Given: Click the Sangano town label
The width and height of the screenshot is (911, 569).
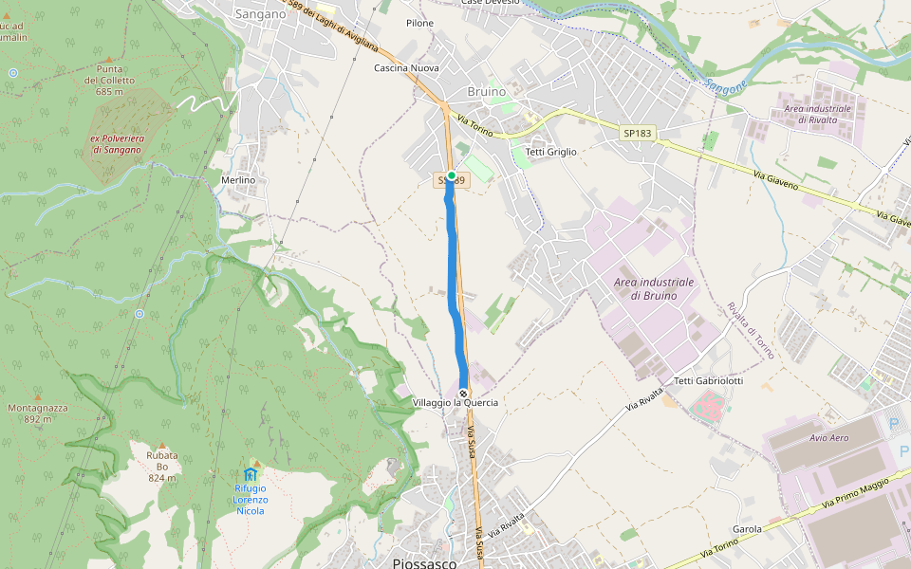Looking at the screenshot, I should pos(260,14).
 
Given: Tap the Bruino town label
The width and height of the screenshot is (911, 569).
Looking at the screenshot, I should pos(487,92).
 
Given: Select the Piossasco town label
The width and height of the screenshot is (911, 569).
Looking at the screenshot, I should pos(424,562).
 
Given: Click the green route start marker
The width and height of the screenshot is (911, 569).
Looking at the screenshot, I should pos(451,176).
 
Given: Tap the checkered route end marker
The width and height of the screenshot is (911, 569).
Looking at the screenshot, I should pos(463,392).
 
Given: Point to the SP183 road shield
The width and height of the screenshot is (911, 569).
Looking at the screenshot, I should pos(638,134).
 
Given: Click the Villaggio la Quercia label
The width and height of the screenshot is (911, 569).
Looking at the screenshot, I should pos(455,403).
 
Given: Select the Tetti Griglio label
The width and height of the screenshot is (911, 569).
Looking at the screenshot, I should pos(550,151).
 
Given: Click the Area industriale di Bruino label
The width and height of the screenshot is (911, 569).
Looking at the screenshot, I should pos(654,289).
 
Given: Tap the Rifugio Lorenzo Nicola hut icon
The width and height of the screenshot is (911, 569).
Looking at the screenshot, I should pos(250,474).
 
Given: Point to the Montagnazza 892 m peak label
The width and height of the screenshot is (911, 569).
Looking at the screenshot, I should pos(38,413).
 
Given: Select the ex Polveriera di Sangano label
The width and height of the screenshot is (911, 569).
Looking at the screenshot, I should pos(117,144).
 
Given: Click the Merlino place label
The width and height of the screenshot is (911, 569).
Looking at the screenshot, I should pos(238,180).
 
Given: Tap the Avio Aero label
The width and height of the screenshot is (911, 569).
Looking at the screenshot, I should pos(829,438).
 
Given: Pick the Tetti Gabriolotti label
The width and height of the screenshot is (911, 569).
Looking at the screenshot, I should pos(708,381).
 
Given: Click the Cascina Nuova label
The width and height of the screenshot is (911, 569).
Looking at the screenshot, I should pos(405,68).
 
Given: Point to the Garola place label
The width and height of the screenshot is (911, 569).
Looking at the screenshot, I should pos(748,529).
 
